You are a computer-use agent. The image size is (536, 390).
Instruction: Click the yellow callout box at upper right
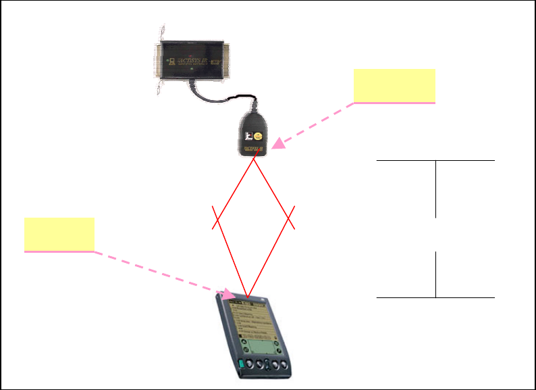pyautogui.click(x=394, y=85)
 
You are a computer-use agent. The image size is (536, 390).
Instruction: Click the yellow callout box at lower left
pyautogui.click(x=59, y=234)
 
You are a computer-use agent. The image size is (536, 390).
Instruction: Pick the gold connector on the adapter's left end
pyautogui.click(x=160, y=59)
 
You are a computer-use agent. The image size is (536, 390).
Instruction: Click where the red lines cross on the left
pyautogui.click(x=218, y=218)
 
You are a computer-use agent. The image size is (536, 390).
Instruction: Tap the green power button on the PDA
pyautogui.click(x=241, y=367)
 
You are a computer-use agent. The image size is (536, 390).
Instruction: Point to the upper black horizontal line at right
pyautogui.click(x=435, y=162)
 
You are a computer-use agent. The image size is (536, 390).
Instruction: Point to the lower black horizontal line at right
pyautogui.click(x=435, y=297)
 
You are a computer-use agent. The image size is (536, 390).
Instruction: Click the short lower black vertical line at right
pyautogui.click(x=436, y=274)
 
